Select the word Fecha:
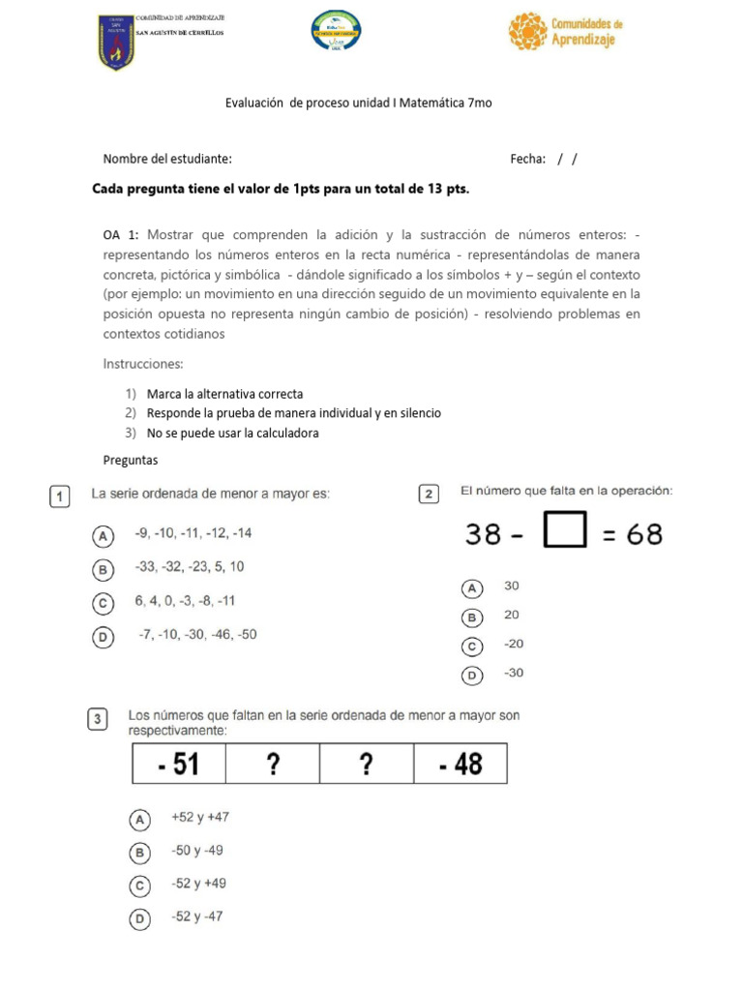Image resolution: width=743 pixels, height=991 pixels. [x=527, y=159]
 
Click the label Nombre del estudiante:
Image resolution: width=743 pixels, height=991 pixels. [x=167, y=159]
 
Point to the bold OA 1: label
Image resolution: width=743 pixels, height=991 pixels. [x=121, y=234]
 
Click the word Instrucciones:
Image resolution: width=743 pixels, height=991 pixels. [x=143, y=364]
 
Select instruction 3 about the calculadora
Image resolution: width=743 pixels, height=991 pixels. [x=232, y=434]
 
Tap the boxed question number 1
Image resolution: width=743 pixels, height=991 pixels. [x=59, y=496]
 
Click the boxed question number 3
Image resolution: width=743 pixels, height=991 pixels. [x=98, y=719]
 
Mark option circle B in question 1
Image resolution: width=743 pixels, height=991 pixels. [x=101, y=568]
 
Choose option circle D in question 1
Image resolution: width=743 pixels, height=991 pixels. [x=101, y=637]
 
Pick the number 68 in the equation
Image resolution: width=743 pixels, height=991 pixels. [x=644, y=534]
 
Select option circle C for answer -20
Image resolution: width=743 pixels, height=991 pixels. [x=472, y=646]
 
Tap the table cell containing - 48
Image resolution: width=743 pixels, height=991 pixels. [x=460, y=765]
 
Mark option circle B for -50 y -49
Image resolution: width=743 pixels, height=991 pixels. [x=140, y=853]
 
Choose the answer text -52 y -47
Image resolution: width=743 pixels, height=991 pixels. [x=196, y=916]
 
